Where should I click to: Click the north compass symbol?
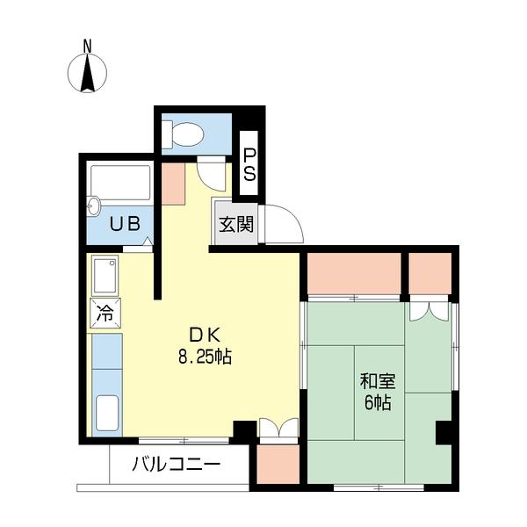click(87, 73)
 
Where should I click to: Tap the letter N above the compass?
click(87, 47)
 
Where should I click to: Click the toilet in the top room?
click(183, 134)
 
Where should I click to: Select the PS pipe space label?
click(249, 165)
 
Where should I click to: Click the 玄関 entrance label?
click(236, 224)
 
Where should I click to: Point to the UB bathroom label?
click(125, 224)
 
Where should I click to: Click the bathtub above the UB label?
click(120, 182)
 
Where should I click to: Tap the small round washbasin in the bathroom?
click(93, 206)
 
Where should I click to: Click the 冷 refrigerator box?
click(105, 314)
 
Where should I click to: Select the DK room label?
click(205, 336)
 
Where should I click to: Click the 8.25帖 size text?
click(205, 357)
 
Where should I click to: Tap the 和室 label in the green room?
click(378, 381)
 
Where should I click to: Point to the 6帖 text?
click(378, 402)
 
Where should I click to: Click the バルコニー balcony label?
click(177, 465)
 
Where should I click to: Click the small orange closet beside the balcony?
click(278, 465)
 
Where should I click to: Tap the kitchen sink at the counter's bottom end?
click(107, 413)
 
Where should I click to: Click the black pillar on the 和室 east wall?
click(444, 432)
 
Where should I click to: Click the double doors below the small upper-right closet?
click(429, 312)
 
